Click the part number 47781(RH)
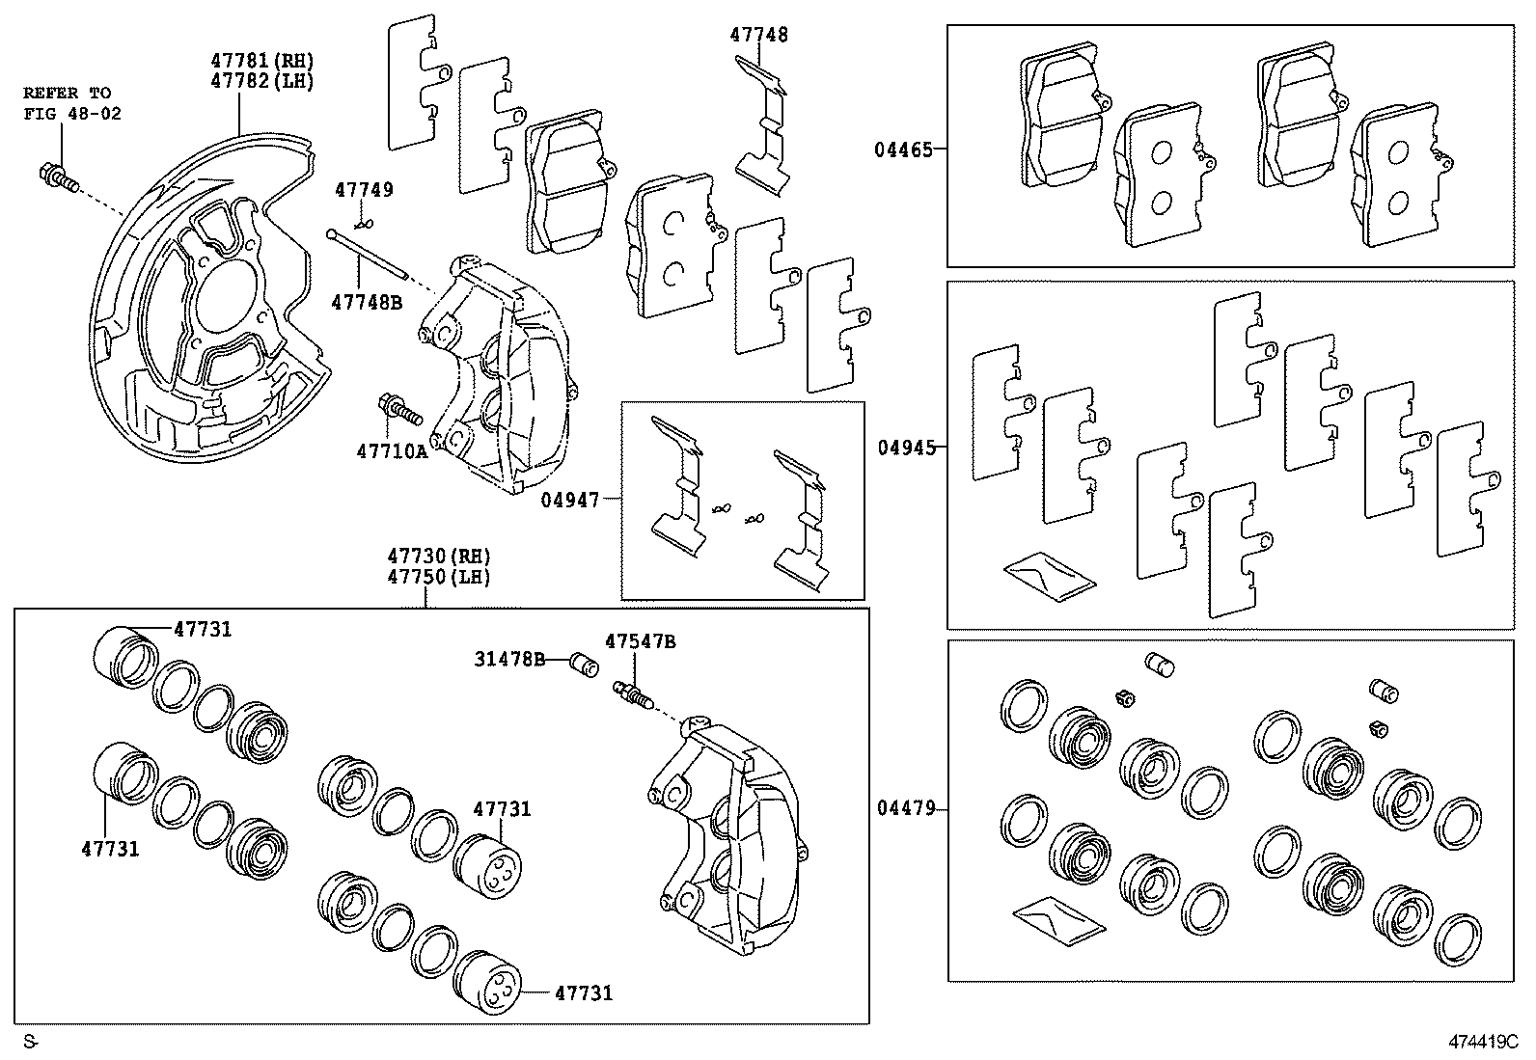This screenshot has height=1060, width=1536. tap(262, 61)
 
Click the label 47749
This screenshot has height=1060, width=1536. tap(364, 190)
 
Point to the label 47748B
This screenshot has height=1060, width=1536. tap(366, 302)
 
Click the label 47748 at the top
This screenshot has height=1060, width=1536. tap(758, 35)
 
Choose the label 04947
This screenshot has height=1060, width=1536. tap(569, 500)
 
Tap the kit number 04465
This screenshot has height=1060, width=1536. tap(903, 149)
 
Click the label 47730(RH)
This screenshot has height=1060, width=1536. tap(439, 557)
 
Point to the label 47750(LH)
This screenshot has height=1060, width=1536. tap(439, 577)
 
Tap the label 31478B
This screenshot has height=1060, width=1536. tap(508, 659)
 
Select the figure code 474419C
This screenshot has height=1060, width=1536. tap(1482, 1042)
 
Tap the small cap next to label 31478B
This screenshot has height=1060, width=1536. tap(583, 664)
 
